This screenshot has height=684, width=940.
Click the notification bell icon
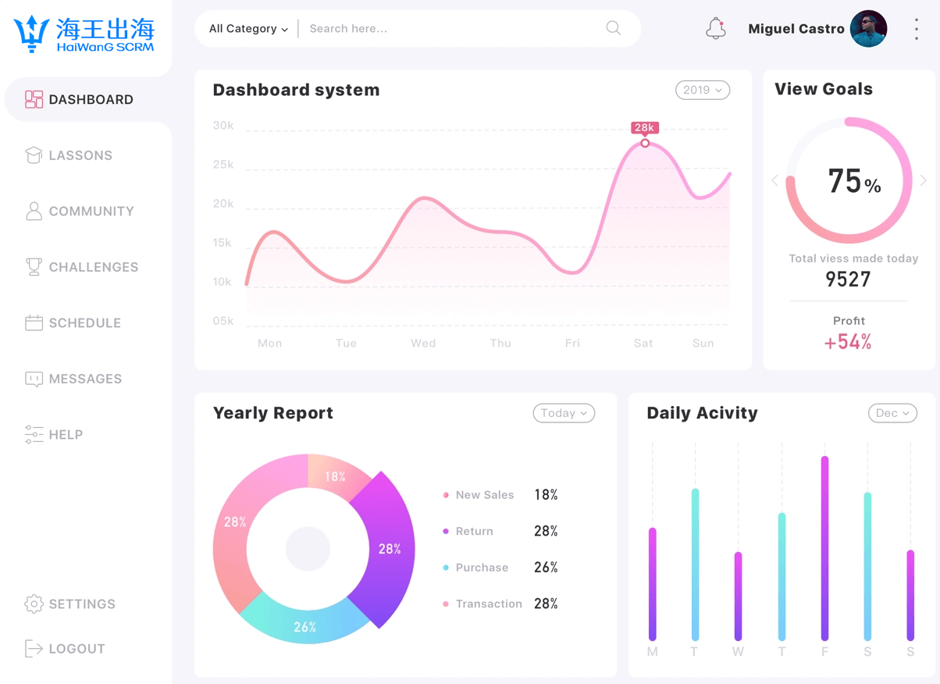point(715,29)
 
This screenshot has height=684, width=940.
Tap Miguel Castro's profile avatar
point(868,29)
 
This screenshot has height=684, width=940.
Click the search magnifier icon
point(614,28)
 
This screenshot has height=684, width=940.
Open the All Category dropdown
point(247,29)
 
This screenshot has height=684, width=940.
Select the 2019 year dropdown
point(702,90)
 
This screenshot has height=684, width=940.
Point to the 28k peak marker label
point(645,127)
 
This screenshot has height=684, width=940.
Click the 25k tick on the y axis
point(223,165)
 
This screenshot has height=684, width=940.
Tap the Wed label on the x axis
point(423,343)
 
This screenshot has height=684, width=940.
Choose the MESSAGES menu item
point(85,379)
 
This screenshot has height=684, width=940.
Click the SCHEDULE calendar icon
point(34,322)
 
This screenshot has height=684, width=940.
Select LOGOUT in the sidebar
point(77,649)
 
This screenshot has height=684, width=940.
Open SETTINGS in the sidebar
point(82,604)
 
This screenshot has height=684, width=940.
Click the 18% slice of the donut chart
point(336,475)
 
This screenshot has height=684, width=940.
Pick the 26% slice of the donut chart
point(305,625)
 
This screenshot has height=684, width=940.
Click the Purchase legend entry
point(481,568)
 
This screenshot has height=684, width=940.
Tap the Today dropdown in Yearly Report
point(563,413)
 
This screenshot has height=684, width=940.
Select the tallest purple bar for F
point(824,547)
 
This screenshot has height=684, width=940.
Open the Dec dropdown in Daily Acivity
point(892,413)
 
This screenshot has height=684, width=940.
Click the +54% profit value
point(848,342)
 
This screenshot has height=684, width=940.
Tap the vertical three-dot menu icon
point(917,29)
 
